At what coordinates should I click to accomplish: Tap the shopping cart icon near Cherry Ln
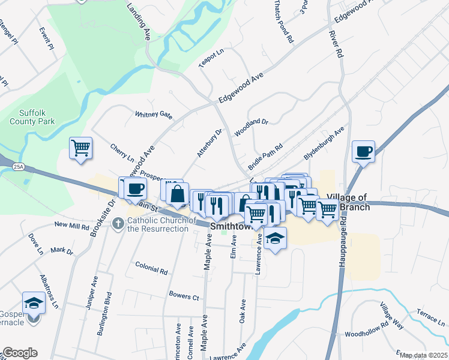click(x=80, y=147)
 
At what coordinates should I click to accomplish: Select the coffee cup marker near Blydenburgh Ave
click(x=363, y=151)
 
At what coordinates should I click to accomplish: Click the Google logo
click(x=20, y=353)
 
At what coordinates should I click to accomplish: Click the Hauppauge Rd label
click(x=343, y=240)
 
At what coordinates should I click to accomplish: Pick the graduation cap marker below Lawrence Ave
click(x=276, y=239)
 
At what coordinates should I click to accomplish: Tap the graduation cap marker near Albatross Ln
click(x=34, y=304)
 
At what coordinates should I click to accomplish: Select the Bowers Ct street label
click(x=184, y=296)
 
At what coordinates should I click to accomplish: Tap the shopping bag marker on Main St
click(x=178, y=194)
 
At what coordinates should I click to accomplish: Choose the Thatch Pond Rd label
click(x=283, y=21)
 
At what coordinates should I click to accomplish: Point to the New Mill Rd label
click(x=71, y=225)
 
